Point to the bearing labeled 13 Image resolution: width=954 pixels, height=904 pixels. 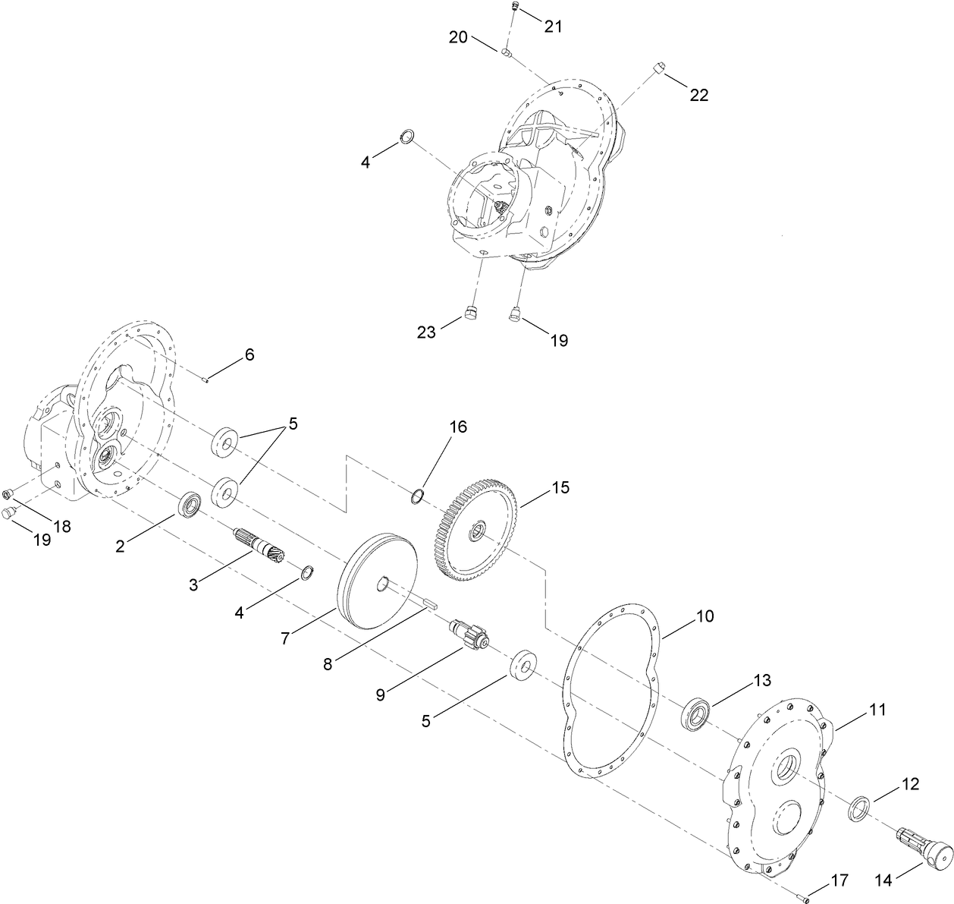[x=695, y=713]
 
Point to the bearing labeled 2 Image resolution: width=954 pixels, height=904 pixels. [x=189, y=505]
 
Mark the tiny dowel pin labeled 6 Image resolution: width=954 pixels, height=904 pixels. [x=206, y=380]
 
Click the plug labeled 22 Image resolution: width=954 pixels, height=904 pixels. [x=658, y=68]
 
